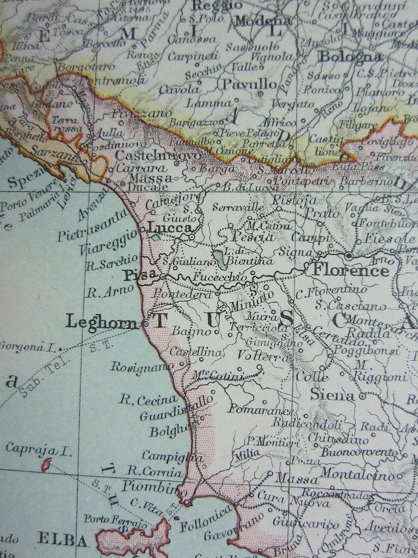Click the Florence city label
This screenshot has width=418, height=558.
tap(351, 271)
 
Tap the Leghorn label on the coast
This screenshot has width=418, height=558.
tap(102, 321)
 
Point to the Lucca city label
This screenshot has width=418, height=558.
tap(170, 228)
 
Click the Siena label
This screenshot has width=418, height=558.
tap(332, 395)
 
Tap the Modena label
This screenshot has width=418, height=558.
tap(262, 20)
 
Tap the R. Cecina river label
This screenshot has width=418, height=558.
tap(148, 399)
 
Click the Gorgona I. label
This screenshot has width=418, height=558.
tap(27, 348)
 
